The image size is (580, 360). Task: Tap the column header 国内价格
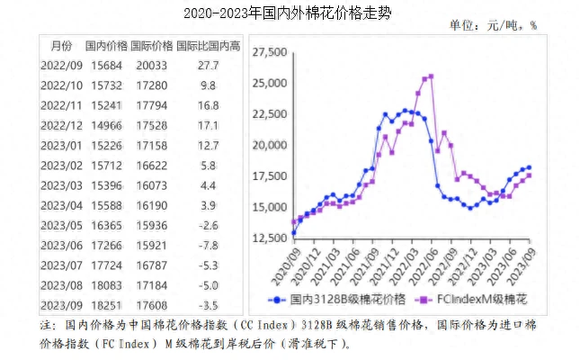point(106,45)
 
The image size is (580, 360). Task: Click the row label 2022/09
point(60,66)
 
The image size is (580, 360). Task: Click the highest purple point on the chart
point(431,76)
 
